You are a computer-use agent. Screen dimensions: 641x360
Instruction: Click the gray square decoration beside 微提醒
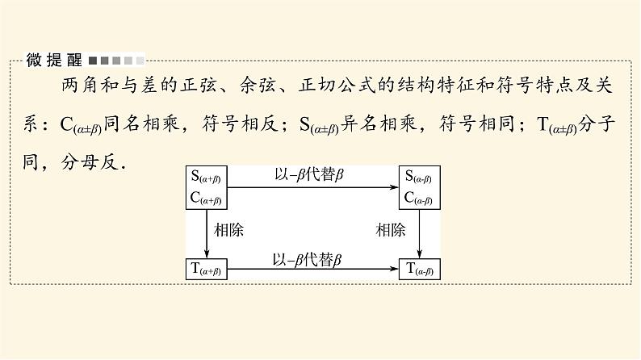point(116,60)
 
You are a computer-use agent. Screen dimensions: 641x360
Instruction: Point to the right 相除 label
point(391,230)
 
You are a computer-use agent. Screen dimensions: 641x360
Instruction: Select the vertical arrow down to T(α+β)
point(207,235)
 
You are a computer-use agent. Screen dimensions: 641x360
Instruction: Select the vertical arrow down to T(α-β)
point(421,235)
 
